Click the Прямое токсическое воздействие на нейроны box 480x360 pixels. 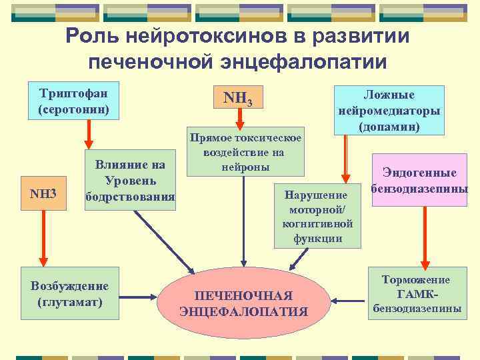point(245,151)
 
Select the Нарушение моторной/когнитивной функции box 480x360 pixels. point(317,215)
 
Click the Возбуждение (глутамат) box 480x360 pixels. point(70,295)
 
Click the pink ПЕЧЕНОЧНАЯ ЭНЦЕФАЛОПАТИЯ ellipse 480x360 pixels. point(244,303)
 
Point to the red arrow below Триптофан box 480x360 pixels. point(87,137)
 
